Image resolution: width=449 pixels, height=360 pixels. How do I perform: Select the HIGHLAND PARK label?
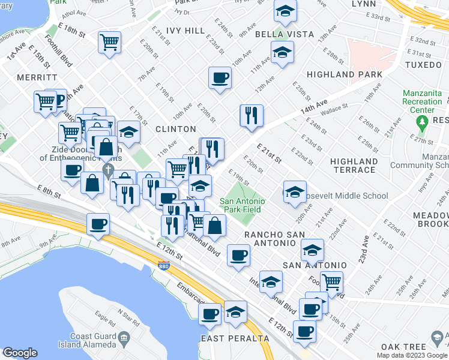pos(344,74)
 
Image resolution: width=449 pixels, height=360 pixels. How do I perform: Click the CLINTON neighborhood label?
pos(176,129)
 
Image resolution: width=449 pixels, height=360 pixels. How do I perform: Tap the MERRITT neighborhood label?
pos(37,78)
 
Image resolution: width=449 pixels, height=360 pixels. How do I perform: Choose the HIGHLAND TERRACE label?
pos(354,166)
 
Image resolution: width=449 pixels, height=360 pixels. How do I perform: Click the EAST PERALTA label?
pos(235,338)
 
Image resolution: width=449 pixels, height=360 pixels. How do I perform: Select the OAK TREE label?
pos(403,347)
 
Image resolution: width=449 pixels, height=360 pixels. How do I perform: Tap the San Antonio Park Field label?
pos(243,206)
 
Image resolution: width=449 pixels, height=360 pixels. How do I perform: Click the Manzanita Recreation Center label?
pos(422,102)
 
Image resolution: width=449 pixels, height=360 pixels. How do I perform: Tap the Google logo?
pos(20,353)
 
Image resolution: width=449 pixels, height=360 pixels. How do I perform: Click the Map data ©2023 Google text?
pos(412,355)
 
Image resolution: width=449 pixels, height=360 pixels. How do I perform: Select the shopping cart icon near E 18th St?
pos(109,42)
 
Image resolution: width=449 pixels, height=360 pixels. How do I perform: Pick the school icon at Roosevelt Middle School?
pos(294,192)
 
